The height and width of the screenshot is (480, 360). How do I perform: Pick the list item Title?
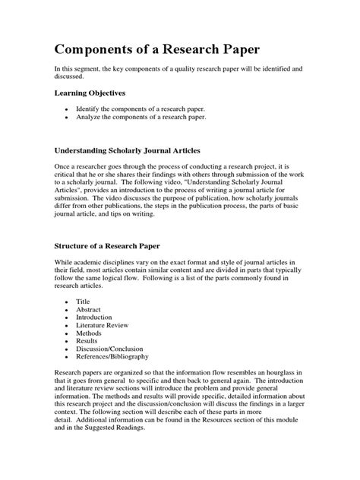(83, 301)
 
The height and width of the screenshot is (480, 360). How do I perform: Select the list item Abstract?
(88, 310)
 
